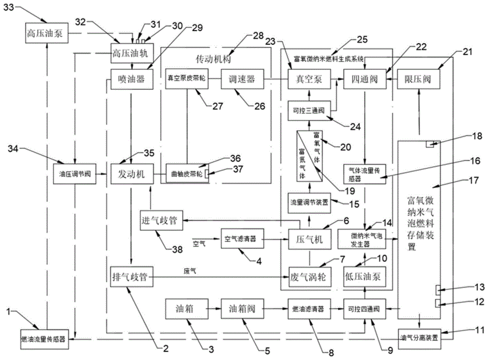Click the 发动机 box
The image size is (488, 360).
[129, 174]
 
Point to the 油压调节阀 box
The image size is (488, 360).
[74, 174]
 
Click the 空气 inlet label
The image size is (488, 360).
[200, 242]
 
